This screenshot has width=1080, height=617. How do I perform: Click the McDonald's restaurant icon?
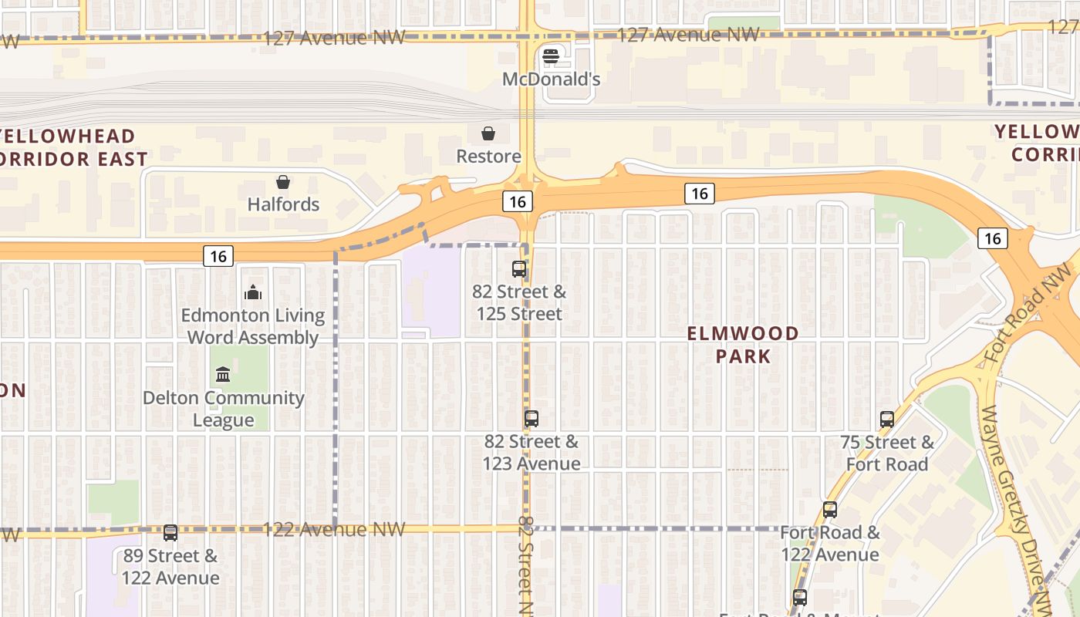pyautogui.click(x=550, y=56)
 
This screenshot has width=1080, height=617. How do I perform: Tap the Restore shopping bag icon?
pyautogui.click(x=488, y=134)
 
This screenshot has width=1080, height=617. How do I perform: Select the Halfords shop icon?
pyautogui.click(x=283, y=183)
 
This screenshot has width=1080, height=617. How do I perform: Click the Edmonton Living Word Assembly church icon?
pyautogui.click(x=253, y=292)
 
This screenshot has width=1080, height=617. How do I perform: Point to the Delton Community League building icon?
pyautogui.click(x=223, y=375)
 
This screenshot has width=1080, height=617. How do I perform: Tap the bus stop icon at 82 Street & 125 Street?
pyautogui.click(x=519, y=269)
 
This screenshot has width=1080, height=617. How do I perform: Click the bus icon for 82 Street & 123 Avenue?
pyautogui.click(x=532, y=419)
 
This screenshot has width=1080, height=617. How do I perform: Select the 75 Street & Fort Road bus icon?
pyautogui.click(x=887, y=420)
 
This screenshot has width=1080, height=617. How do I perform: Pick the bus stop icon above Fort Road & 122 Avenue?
pyautogui.click(x=830, y=510)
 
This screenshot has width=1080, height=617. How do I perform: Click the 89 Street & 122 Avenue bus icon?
pyautogui.click(x=170, y=533)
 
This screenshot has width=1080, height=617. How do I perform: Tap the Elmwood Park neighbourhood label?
pyautogui.click(x=743, y=345)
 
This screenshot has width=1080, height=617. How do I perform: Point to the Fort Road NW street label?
pyautogui.click(x=1029, y=313)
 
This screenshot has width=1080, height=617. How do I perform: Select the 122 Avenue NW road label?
pyautogui.click(x=333, y=529)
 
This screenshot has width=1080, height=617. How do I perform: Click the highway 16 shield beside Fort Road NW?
pyautogui.click(x=992, y=238)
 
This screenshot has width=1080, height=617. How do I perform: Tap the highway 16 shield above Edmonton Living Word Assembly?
pyautogui.click(x=219, y=256)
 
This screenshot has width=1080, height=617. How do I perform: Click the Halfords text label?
pyautogui.click(x=283, y=204)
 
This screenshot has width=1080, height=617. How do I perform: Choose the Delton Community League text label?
pyautogui.click(x=224, y=409)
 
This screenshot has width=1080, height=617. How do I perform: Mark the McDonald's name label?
pyautogui.click(x=551, y=79)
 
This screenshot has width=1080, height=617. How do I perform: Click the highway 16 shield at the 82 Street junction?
pyautogui.click(x=518, y=202)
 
